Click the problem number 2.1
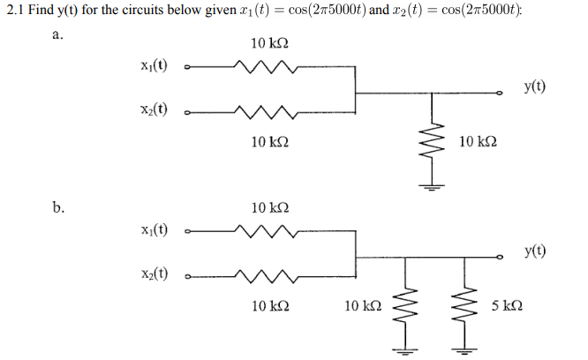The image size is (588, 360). click(15, 12)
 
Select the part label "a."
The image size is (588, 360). click(57, 36)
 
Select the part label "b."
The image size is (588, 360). click(57, 208)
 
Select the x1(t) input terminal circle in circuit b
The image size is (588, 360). click(186, 232)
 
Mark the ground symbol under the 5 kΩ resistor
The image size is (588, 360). click(459, 349)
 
